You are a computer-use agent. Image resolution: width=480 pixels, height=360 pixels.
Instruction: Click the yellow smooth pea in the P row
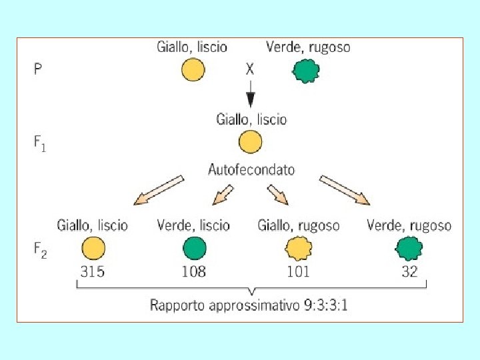192,70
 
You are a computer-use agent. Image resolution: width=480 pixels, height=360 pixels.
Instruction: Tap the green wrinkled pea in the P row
307,70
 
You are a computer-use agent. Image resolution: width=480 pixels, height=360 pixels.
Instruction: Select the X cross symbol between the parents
250,69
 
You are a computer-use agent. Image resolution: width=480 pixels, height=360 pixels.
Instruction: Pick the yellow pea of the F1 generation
250,142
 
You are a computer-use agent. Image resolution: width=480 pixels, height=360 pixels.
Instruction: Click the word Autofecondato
251,169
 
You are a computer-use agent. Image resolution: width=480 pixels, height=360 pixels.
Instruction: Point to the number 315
93,271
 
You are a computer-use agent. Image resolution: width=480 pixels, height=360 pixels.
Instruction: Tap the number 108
194,271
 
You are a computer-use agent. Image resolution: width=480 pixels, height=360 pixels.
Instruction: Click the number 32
409,271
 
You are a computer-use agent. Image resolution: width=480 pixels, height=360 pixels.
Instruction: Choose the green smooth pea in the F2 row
194,249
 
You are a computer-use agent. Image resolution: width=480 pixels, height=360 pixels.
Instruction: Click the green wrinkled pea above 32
409,249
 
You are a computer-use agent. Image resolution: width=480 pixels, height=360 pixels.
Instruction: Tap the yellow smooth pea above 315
93,249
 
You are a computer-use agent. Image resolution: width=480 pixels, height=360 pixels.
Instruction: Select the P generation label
37,69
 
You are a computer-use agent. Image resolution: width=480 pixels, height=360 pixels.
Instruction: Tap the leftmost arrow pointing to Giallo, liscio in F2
158,189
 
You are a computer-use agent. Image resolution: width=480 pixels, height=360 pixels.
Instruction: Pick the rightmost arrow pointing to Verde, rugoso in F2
345,189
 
